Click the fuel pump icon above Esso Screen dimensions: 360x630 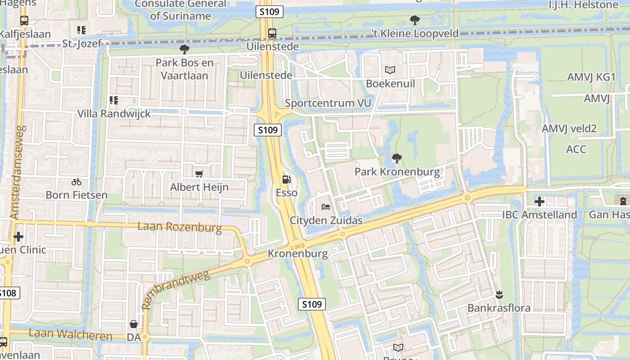286,180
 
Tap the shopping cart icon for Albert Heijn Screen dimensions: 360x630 199,174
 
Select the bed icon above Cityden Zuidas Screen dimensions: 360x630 326,207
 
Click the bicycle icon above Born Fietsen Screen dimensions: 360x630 76,182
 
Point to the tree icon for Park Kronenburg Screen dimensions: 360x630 396,158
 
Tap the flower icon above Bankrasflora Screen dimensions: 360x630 499,295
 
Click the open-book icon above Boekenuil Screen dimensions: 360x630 390,70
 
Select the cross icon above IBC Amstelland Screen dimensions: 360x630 539,201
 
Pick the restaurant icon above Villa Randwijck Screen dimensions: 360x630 114,100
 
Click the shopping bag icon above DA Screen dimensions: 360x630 134,324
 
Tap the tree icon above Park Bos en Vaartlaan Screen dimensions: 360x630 184,49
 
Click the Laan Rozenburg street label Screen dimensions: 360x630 180,227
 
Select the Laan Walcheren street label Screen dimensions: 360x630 70,335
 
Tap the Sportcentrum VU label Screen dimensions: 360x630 328,103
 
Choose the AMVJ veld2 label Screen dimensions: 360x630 569,129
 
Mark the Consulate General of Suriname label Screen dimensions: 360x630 180,10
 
